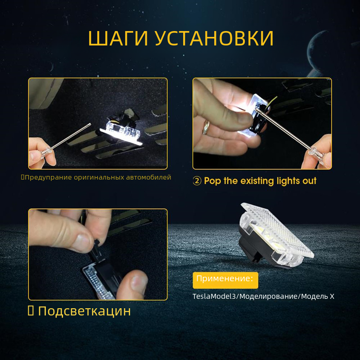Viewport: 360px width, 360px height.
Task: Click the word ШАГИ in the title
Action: click(118, 38)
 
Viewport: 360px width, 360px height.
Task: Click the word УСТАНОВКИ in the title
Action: click(214, 38)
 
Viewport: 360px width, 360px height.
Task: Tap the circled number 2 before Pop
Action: click(197, 181)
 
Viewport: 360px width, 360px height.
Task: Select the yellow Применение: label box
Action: click(225, 280)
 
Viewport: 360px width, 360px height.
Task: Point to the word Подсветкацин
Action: click(85, 311)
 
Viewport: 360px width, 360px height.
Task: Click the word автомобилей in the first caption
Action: click(148, 177)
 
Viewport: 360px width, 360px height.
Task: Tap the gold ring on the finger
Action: click(206, 127)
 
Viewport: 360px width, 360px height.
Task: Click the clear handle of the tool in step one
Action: click(47, 152)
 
